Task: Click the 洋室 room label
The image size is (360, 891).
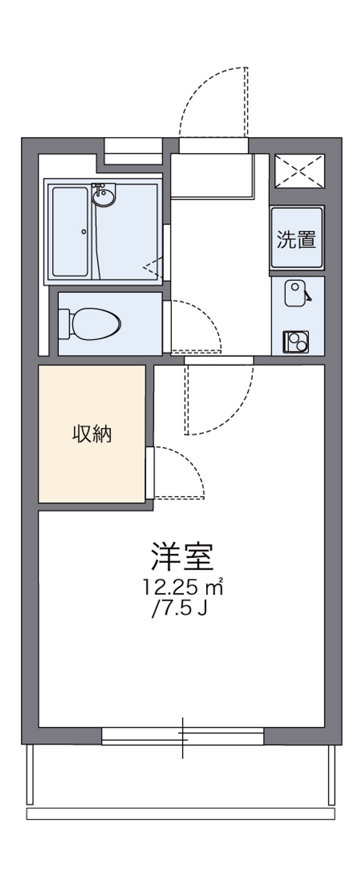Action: (181, 557)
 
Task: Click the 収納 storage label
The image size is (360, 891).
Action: (92, 434)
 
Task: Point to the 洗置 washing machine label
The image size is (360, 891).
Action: (296, 239)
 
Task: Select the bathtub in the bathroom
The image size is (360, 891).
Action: (70, 232)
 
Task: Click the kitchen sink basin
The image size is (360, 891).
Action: (295, 293)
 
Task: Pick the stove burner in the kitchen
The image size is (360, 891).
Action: (296, 341)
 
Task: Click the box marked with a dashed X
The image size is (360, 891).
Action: (299, 171)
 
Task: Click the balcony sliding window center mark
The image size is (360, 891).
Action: (183, 738)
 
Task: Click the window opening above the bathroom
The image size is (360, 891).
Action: (133, 152)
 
